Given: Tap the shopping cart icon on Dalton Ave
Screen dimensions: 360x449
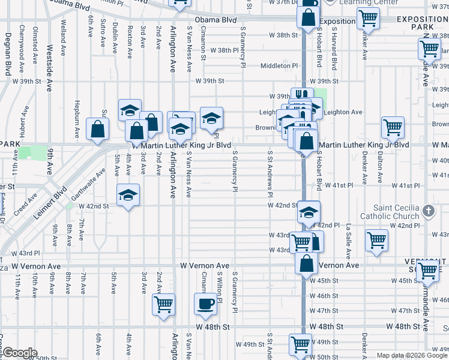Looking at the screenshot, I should [393, 127].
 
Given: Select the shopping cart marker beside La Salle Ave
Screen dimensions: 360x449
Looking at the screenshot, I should [376, 240].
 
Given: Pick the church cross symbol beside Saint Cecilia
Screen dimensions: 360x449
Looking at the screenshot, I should [428, 211].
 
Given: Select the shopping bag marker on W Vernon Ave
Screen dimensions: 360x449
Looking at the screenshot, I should [306, 263].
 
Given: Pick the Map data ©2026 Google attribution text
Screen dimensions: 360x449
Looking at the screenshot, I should [412, 355].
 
